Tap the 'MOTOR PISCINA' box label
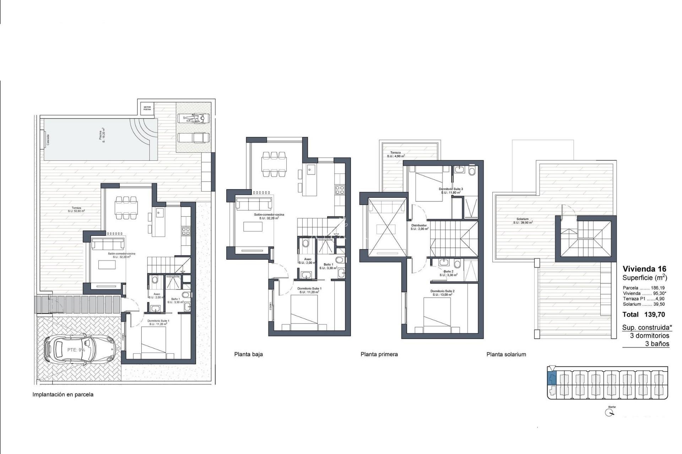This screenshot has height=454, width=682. coord(147,108)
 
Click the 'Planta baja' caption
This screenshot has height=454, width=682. coord(248,354)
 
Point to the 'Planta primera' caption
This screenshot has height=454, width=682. coord(379,354)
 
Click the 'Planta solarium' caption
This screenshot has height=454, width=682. coord(506,354)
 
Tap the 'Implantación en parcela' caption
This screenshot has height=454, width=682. coord(63,394)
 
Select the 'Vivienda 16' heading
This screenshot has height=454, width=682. coord(644,269)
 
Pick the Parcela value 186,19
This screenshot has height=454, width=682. coord(657,288)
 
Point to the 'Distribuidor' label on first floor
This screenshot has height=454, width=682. coord(419,226)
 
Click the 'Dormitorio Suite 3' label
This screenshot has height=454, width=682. coord(451,189)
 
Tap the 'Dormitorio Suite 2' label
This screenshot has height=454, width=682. coord(442,291)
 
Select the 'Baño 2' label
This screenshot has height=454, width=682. coord(448,272)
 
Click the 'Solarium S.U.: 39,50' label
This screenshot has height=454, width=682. coord(523,221)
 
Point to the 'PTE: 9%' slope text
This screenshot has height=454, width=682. coord(76,350)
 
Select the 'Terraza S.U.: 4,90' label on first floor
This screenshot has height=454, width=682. coord(396,154)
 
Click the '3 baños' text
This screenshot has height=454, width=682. coord(657,344)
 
